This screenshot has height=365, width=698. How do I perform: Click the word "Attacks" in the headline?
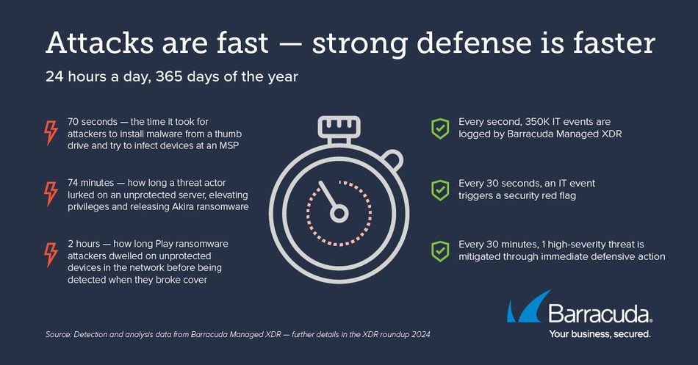pyautogui.click(x=100, y=43)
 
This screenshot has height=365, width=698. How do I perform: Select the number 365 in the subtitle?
pyautogui.click(x=169, y=76)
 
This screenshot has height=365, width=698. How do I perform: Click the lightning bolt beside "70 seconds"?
pyautogui.click(x=51, y=133)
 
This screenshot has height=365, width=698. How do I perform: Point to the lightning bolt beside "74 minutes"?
pyautogui.click(x=51, y=194)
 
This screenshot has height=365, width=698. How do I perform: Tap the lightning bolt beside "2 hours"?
pyautogui.click(x=51, y=255)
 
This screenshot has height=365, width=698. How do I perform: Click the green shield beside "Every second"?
pyautogui.click(x=440, y=129)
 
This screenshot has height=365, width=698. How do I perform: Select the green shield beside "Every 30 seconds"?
pyautogui.click(x=440, y=190)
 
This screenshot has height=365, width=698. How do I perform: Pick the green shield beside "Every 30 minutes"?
pyautogui.click(x=440, y=251)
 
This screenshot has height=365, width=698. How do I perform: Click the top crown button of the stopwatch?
pyautogui.click(x=339, y=127)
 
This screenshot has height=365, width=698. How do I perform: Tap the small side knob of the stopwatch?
pyautogui.click(x=393, y=160)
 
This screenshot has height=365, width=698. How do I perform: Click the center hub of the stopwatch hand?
pyautogui.click(x=339, y=214)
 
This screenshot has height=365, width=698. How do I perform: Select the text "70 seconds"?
pyautogui.click(x=93, y=121)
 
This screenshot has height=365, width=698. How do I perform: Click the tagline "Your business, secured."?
pyautogui.click(x=600, y=334)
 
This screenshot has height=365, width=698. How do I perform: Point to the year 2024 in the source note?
pyautogui.click(x=421, y=334)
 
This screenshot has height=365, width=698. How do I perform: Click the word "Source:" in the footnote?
pyautogui.click(x=58, y=334)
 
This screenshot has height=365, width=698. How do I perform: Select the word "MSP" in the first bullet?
pyautogui.click(x=229, y=145)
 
